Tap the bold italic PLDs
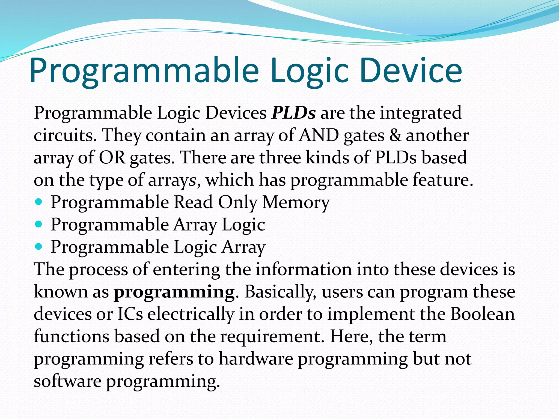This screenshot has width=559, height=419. [293, 113]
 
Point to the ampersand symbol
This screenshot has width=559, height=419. [395, 135]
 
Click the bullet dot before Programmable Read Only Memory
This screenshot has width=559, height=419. [39, 202]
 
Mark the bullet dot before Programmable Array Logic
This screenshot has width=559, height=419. [39, 225]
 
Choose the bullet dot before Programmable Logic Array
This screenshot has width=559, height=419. [39, 247]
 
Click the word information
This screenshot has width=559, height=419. [304, 269]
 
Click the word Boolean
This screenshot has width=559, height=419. [482, 314]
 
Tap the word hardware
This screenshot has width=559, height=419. [256, 359]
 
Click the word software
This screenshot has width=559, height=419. [67, 381]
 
